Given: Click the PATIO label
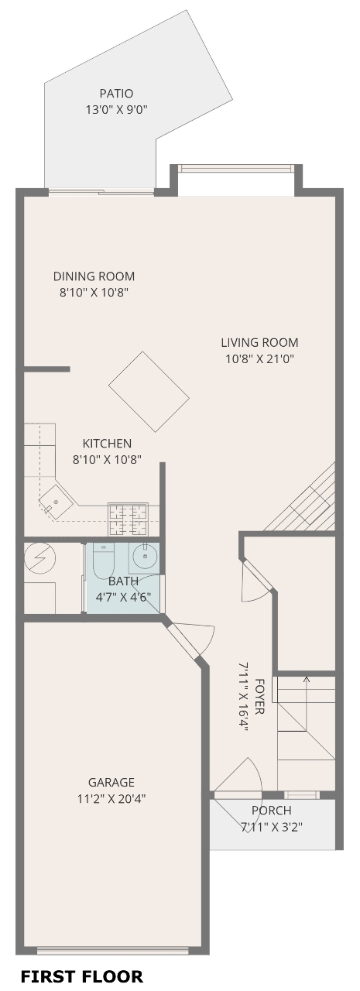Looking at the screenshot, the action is [116, 94].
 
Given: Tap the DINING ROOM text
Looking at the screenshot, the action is [94, 276].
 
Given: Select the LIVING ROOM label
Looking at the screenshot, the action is [259, 342].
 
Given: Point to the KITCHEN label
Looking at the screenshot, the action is [107, 444].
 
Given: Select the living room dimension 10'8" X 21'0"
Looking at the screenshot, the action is [260, 358].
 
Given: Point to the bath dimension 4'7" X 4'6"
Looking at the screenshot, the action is [123, 596].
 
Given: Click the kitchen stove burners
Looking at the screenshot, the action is [128, 519].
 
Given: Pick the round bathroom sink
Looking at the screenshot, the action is [144, 557].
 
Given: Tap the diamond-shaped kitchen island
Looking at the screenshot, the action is [149, 392].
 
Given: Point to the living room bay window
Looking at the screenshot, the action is [236, 169].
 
